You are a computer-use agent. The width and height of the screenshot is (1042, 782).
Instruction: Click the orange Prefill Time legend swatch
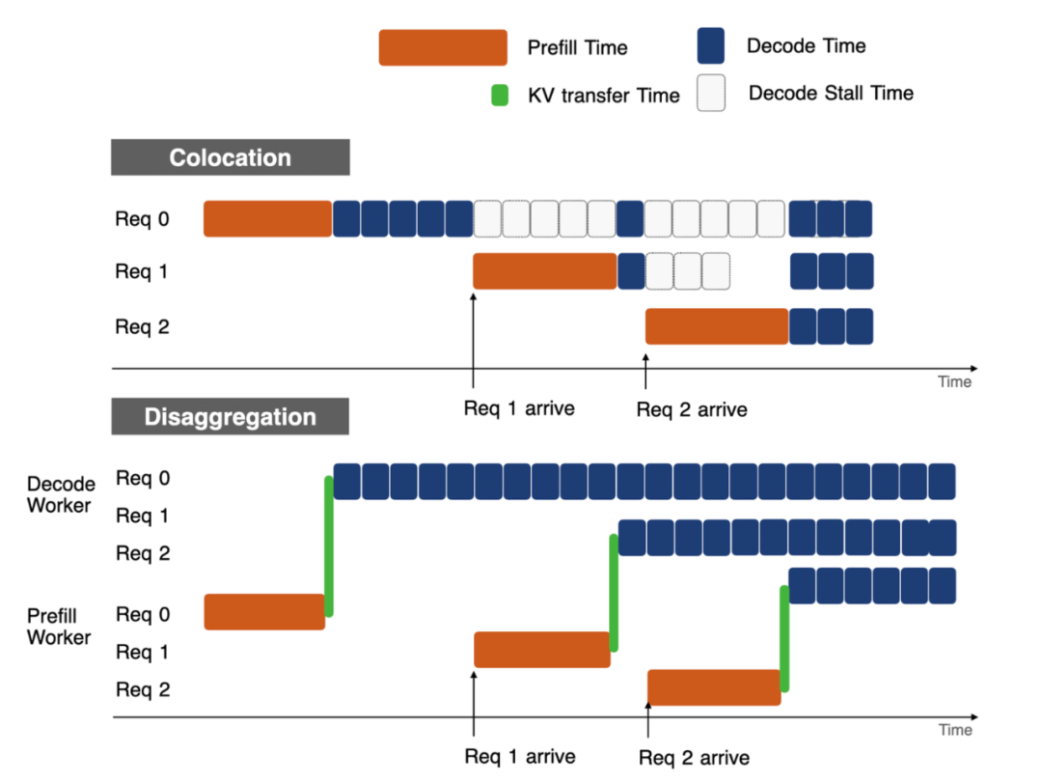pos(443,47)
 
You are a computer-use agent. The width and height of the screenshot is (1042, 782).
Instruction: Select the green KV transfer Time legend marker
pos(500,96)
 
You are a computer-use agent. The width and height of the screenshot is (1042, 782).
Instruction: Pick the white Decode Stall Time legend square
pos(711,94)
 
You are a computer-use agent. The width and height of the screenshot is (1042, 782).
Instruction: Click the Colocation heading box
pos(230,157)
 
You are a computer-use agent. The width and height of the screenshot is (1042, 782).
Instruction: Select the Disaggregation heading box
pos(230,417)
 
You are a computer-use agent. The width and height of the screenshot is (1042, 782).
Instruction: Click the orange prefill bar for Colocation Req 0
pos(267,219)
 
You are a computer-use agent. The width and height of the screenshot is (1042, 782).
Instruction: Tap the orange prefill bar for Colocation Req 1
pos(544,271)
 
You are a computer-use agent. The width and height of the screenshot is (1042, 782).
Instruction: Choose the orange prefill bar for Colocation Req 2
pos(717,326)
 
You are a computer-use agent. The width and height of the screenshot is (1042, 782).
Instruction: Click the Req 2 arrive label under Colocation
pos(691,409)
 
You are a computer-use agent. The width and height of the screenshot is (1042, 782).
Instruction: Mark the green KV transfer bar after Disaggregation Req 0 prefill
pos(329,545)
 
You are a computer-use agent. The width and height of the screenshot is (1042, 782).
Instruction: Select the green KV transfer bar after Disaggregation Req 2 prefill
pos(784,638)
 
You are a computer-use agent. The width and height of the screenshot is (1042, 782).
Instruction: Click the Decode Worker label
pos(60,493)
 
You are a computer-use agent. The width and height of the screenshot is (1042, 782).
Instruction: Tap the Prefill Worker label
pos(59,627)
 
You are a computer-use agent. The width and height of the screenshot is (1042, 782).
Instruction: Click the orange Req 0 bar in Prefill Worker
pos(264,611)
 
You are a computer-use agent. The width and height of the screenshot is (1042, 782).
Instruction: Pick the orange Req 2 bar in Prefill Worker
pos(714,687)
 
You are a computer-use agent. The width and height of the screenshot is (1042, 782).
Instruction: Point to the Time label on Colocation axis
pos(954,382)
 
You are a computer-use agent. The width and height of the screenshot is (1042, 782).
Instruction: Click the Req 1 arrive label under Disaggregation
pos(519,756)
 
